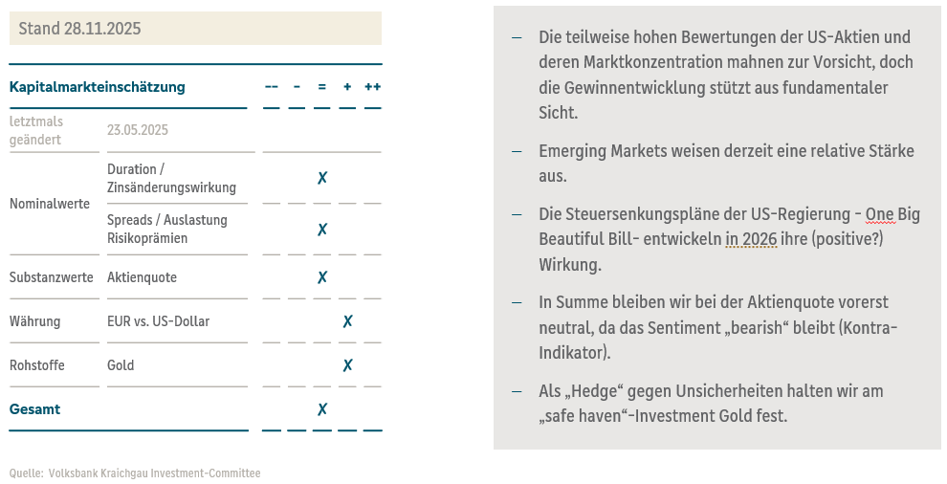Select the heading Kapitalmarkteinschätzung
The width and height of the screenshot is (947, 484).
97,87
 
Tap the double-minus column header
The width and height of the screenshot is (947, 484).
272,87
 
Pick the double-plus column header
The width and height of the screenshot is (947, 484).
372,87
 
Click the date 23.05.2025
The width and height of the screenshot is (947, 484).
138,130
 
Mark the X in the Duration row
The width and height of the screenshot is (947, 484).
322,178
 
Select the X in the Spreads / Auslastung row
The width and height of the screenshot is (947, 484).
322,230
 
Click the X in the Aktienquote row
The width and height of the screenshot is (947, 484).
322,277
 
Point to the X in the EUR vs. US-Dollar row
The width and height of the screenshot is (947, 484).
347,321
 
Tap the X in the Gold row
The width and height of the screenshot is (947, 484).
347,365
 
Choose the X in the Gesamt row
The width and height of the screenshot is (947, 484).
322,409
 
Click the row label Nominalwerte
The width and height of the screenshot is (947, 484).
50,204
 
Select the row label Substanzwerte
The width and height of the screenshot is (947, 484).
52,277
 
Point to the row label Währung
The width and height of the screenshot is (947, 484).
35,321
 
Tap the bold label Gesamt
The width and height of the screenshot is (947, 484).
34,409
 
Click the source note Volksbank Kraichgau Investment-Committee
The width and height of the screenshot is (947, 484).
154,473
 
